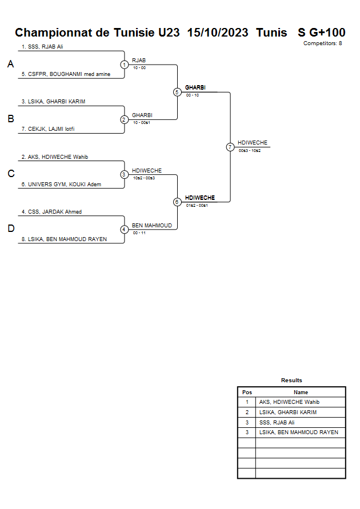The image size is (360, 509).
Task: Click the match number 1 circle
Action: [x=124, y=65]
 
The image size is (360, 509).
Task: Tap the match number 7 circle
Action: [x=230, y=147]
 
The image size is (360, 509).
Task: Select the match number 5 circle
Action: [x=177, y=92]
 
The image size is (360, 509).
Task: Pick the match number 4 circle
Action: [x=124, y=230]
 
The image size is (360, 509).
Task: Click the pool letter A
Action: [x=10, y=65]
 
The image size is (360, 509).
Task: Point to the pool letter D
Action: [x=10, y=229]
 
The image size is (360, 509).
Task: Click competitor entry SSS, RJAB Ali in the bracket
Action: [x=42, y=47]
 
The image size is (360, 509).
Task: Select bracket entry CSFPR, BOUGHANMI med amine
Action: [x=66, y=74]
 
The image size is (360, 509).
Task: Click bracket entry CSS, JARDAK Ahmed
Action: [x=51, y=212]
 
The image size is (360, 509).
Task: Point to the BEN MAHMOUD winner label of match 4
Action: [x=151, y=226]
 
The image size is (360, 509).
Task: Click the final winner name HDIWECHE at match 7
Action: [x=252, y=143]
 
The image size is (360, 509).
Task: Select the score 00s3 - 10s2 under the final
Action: [x=250, y=150]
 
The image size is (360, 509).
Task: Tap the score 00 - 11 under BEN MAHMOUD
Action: [x=139, y=233]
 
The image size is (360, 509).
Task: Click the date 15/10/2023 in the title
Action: [x=218, y=33]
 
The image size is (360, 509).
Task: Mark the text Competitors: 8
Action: [x=322, y=43]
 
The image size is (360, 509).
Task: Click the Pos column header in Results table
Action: [x=247, y=392]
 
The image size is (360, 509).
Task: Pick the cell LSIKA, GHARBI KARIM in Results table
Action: [x=287, y=412]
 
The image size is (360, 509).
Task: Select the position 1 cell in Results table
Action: [x=247, y=402]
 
